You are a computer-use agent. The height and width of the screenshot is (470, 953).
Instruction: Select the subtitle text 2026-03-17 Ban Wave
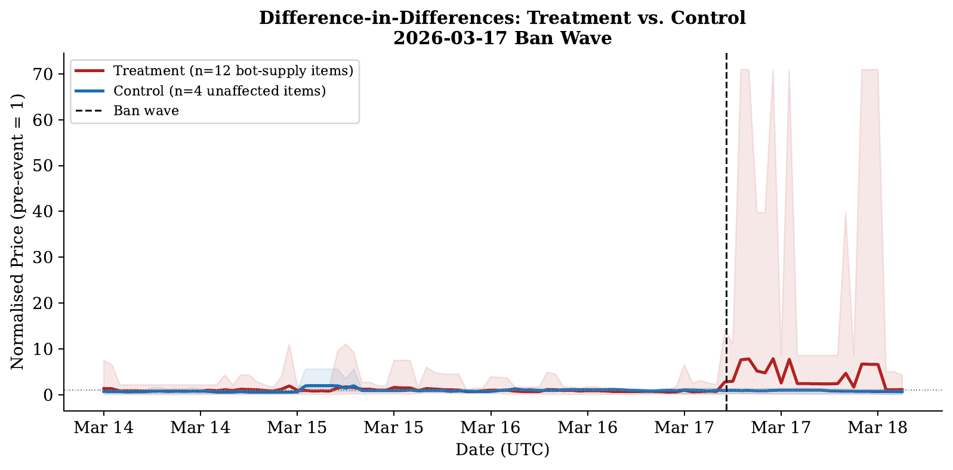click(x=502, y=39)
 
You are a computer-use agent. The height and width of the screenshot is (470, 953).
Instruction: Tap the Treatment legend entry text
click(x=233, y=71)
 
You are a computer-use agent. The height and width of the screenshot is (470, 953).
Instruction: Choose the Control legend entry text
click(x=220, y=91)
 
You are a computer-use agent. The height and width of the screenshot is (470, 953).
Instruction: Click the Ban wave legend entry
click(x=146, y=111)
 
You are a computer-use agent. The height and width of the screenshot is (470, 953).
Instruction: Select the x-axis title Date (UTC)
click(x=502, y=450)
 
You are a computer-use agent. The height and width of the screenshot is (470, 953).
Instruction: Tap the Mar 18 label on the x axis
click(x=877, y=428)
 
